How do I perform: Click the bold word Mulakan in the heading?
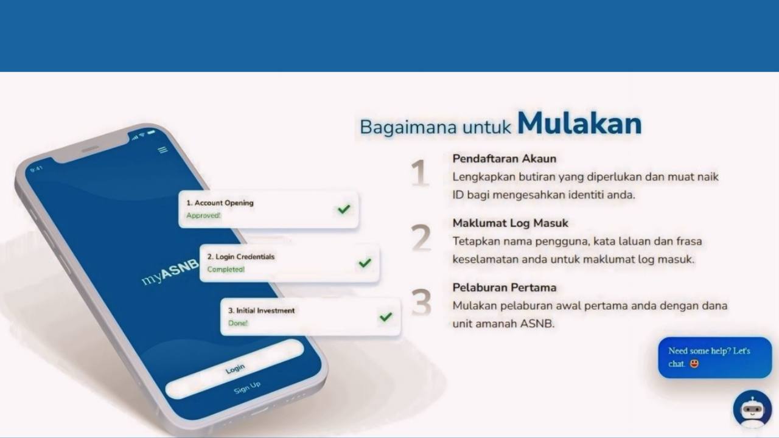[579, 123]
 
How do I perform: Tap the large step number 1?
[419, 173]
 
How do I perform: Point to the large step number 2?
[421, 238]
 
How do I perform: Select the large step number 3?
[421, 302]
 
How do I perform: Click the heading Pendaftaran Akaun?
[504, 159]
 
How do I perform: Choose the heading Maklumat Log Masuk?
[510, 223]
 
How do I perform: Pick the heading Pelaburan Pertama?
[504, 288]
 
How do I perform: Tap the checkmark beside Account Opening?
[344, 209]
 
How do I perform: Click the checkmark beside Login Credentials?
[365, 263]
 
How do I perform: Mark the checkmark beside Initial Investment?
[385, 316]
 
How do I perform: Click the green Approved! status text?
[203, 215]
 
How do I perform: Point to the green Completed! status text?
[225, 269]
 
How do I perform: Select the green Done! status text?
[238, 323]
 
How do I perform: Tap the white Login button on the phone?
[235, 369]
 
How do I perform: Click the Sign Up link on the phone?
[247, 387]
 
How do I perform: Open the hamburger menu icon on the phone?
[162, 150]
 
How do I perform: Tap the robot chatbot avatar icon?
[752, 409]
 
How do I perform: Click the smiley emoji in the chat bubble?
[694, 364]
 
